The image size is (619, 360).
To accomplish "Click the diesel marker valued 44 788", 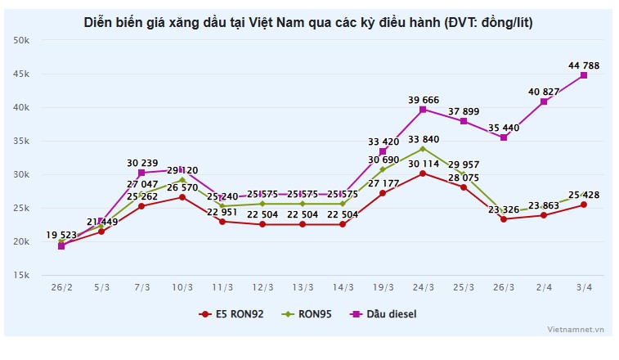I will tap(584, 75).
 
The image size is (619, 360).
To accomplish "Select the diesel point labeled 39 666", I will tap(423, 109).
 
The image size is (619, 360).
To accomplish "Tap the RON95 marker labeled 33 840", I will tap(423, 148).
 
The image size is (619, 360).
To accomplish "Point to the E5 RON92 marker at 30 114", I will tap(423, 173).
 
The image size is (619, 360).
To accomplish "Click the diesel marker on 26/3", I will tap(504, 137).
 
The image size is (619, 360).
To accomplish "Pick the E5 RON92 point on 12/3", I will tap(262, 224).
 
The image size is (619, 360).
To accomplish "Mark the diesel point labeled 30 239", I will tap(141, 173).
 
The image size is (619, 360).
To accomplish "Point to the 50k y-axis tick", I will tap(22, 40).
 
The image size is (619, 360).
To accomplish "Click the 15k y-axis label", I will tap(22, 275).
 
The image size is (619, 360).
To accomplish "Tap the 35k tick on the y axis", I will tap(22, 141).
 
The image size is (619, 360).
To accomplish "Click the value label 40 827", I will tap(544, 91).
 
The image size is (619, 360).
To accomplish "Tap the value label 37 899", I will tap(463, 111).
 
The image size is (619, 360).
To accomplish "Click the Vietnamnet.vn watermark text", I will tap(576, 329).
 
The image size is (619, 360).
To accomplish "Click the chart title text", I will tap(308, 22).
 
